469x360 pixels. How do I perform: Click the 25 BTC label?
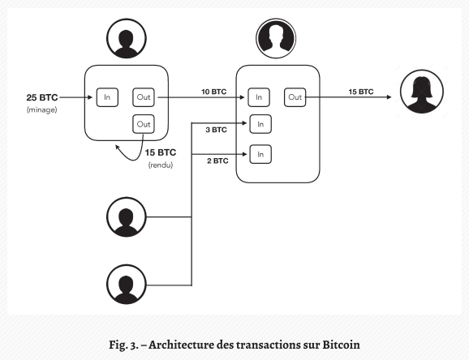[42, 97]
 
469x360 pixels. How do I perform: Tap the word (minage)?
[42, 109]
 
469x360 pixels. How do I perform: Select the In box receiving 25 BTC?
[107, 97]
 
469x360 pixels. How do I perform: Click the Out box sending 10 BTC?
[144, 97]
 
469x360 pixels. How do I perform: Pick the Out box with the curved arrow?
[144, 124]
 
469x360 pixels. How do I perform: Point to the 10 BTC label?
[214, 92]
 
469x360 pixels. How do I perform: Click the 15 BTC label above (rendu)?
[161, 152]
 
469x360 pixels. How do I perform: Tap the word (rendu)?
[161, 165]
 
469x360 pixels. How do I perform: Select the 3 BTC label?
[217, 130]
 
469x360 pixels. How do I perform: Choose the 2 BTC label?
[217, 161]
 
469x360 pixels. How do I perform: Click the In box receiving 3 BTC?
[260, 124]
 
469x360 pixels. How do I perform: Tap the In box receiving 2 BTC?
[260, 154]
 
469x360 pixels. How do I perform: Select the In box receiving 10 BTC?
[259, 97]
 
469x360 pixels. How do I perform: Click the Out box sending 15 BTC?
[295, 97]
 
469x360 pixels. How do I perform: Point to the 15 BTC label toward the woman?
[361, 92]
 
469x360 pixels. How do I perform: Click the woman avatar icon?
[422, 92]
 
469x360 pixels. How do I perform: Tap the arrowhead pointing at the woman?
[389, 96]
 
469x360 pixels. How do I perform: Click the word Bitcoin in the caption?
[341, 345]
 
